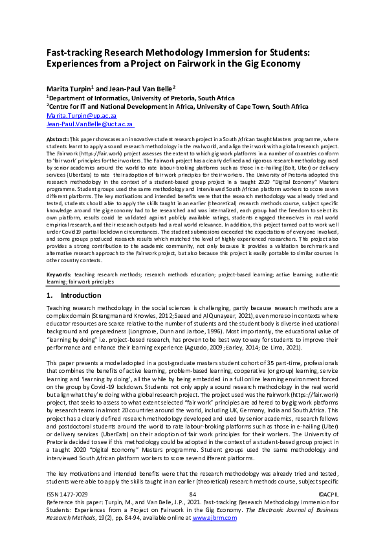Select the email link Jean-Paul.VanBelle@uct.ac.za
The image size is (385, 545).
(90, 123)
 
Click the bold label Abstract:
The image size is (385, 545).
(58, 139)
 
